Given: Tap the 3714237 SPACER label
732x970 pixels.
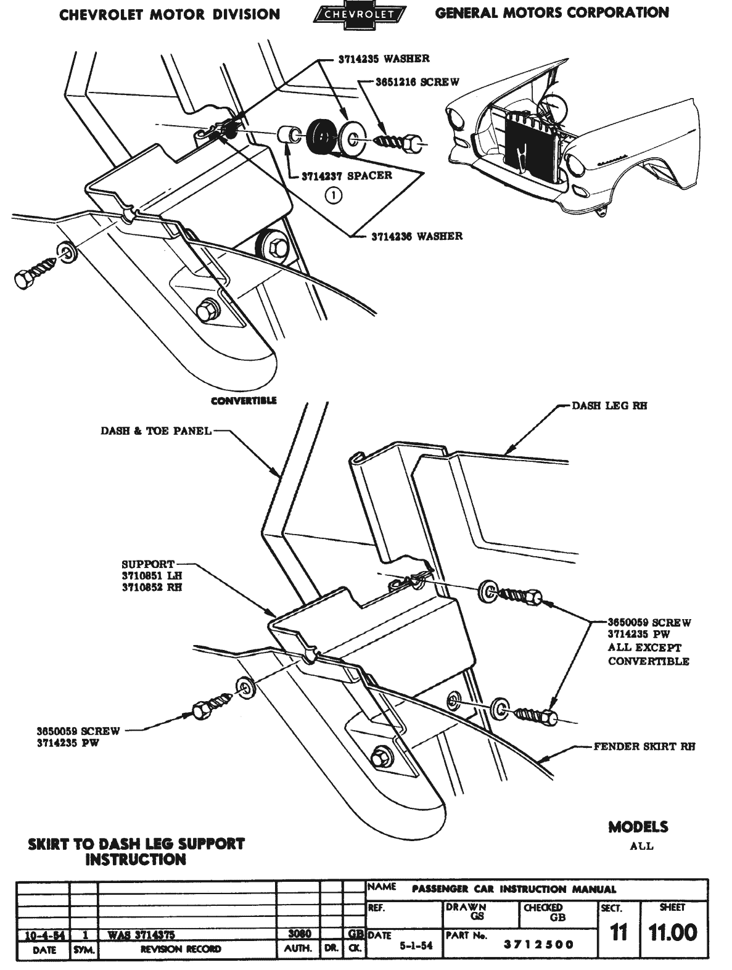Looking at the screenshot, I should [347, 175].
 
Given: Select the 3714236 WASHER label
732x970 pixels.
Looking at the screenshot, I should [416, 236].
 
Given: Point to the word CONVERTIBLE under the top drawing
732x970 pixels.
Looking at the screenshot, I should [244, 400].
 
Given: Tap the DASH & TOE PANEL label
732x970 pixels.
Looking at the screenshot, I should [155, 431].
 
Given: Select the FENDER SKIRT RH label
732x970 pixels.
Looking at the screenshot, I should [644, 746].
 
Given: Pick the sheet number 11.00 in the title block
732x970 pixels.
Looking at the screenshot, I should [672, 932].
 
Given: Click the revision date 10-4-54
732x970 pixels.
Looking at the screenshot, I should [42, 934].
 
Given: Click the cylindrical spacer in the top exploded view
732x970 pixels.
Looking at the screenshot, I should [287, 135].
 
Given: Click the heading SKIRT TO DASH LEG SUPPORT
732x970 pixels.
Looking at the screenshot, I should [136, 844].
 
